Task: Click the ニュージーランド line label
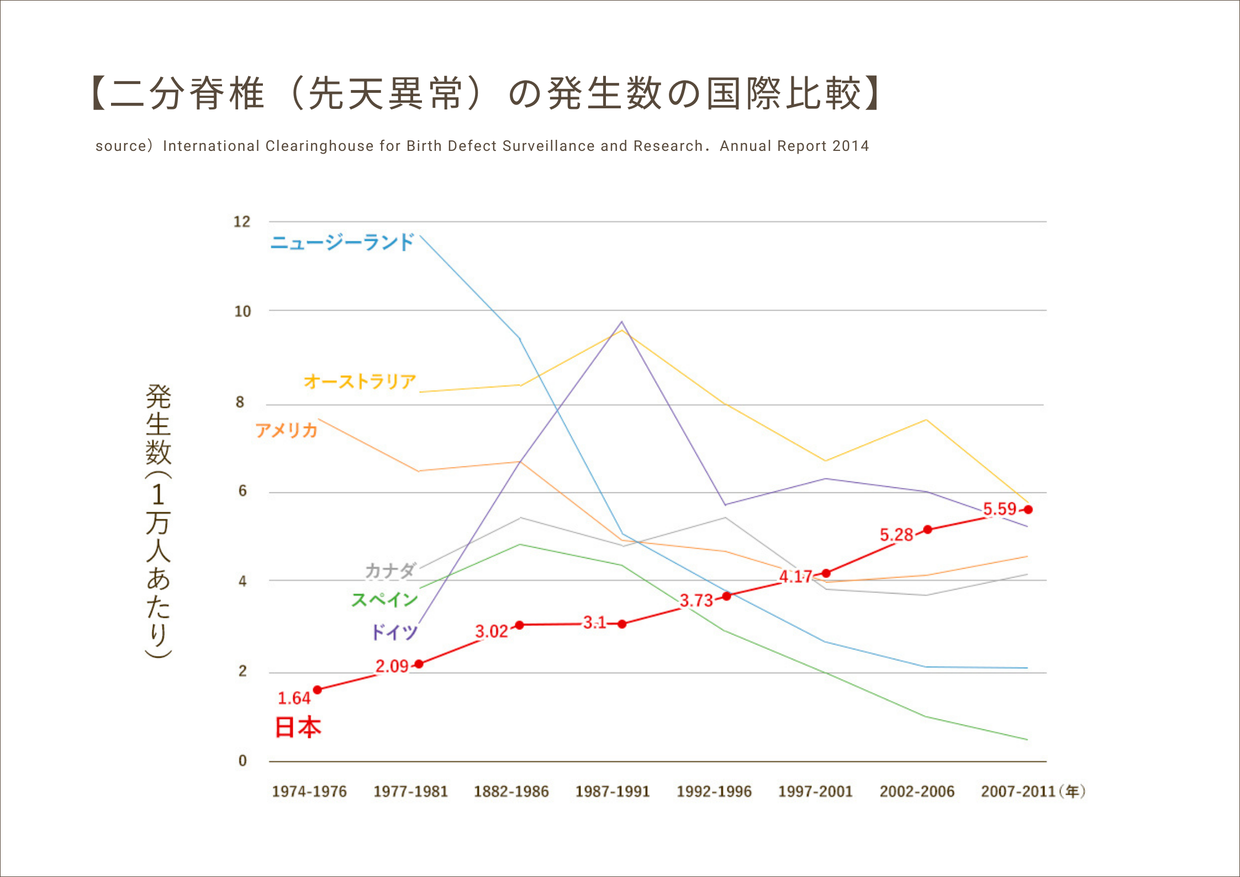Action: pyautogui.click(x=342, y=242)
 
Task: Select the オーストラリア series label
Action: pyautogui.click(x=360, y=381)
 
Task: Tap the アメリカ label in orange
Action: pyautogui.click(x=286, y=430)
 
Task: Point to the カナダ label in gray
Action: pyautogui.click(x=390, y=570)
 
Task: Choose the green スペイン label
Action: pyautogui.click(x=384, y=600)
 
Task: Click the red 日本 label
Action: pyautogui.click(x=298, y=727)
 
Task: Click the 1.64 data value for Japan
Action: pyautogui.click(x=294, y=699)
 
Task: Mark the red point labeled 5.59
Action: pyautogui.click(x=1028, y=510)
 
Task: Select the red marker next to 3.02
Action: pyautogui.click(x=519, y=625)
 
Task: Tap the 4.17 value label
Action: pyautogui.click(x=795, y=577)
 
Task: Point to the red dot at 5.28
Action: pyautogui.click(x=928, y=529)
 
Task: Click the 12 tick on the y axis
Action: pyautogui.click(x=242, y=222)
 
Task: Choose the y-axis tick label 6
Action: pyautogui.click(x=242, y=491)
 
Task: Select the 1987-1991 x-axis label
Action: pyautogui.click(x=613, y=791)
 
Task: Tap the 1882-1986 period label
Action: pyautogui.click(x=511, y=791)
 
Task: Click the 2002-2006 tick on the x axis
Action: pyautogui.click(x=917, y=791)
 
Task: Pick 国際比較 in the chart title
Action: pyautogui.click(x=784, y=93)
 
